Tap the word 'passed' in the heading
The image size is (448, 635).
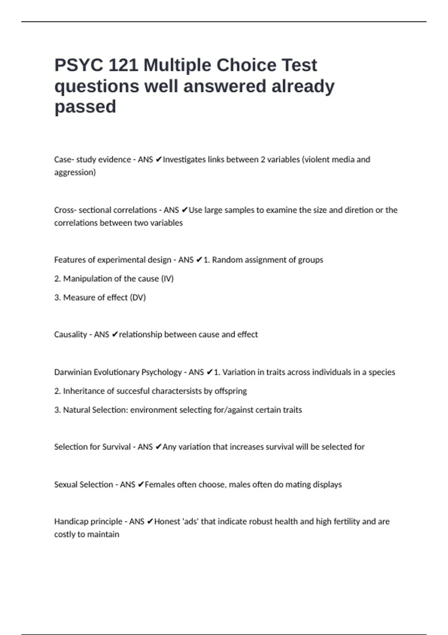85,107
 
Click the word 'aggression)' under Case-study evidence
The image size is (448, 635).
75,172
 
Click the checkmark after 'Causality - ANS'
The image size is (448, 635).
115,334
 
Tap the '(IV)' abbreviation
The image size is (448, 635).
167,279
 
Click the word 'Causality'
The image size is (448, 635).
71,334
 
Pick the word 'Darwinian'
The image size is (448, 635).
73,372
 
